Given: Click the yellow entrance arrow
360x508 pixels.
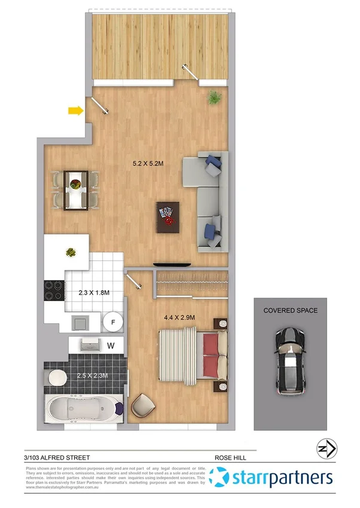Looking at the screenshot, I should pos(75,110).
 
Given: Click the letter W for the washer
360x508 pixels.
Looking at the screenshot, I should pos(111,345).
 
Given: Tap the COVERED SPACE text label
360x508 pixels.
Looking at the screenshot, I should pos(291,311).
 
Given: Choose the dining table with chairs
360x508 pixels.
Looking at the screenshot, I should pos(75,189).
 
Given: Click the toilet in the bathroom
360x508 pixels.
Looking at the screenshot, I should pos(57,378).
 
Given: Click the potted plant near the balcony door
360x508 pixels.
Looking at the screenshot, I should pos(213,97).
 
